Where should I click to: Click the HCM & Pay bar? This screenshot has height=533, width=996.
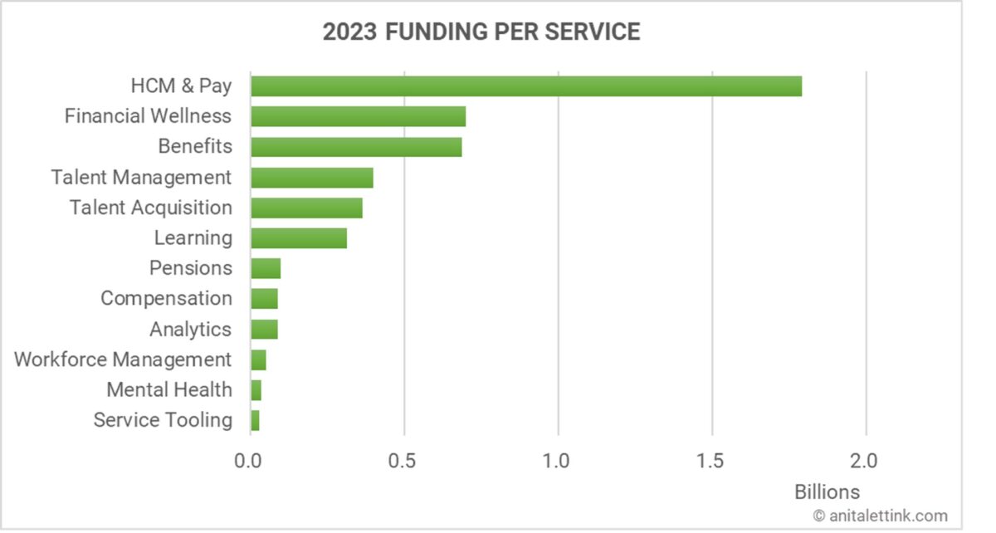tap(526, 86)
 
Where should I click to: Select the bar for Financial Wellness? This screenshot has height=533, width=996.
tap(358, 116)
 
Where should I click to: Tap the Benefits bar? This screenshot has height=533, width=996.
tap(356, 147)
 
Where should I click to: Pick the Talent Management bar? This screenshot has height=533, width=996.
tap(312, 178)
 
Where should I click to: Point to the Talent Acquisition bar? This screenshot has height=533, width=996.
tap(306, 208)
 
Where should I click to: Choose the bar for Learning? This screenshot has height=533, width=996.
tap(299, 238)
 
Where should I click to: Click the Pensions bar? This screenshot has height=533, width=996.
tap(266, 268)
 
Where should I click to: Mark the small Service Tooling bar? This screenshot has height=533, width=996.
tap(255, 420)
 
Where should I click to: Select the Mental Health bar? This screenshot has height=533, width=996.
tap(256, 390)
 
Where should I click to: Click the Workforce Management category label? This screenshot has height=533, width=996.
tap(123, 359)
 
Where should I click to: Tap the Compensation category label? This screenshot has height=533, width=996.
tap(166, 298)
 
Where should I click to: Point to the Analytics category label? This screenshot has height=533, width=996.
tap(190, 329)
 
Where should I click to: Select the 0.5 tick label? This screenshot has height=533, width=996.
tap(403, 459)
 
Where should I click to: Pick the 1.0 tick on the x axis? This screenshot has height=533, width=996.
tap(558, 459)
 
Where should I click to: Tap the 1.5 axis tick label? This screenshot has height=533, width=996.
tap(712, 459)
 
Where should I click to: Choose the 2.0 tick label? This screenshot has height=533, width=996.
tap(866, 459)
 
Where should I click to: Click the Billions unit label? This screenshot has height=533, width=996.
tap(828, 491)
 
